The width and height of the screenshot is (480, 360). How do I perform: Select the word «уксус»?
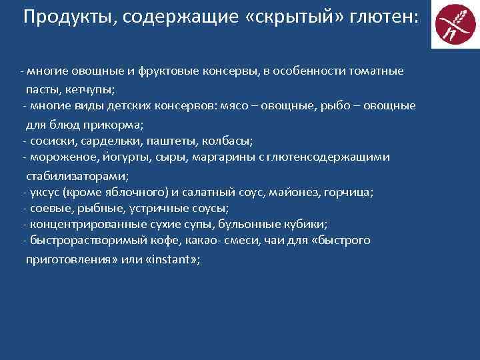coord(43,193)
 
